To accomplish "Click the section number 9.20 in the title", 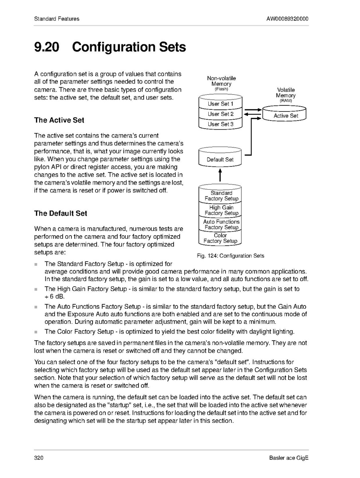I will click(x=47, y=47).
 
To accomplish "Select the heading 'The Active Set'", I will click(x=59, y=120).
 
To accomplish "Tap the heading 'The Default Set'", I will click(x=61, y=213).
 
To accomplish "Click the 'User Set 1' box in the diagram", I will click(x=220, y=104).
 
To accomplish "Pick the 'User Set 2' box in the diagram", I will click(x=220, y=114).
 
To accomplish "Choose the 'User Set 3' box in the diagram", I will click(x=220, y=124).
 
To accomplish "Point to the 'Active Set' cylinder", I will click(x=286, y=115).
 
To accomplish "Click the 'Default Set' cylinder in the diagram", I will click(x=220, y=159).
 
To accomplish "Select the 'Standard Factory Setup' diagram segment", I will click(x=221, y=196).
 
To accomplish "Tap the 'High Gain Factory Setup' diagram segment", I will click(x=221, y=210).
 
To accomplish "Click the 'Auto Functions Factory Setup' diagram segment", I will click(x=221, y=224).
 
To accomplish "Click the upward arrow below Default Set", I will click(x=220, y=175).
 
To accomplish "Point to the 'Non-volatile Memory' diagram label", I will click(x=221, y=81).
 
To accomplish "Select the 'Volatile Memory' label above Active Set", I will click(x=286, y=93).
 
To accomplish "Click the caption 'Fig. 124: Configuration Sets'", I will click(x=230, y=256).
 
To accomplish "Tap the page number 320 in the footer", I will click(x=39, y=458).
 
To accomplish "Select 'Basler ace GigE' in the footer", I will click(x=289, y=458).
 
